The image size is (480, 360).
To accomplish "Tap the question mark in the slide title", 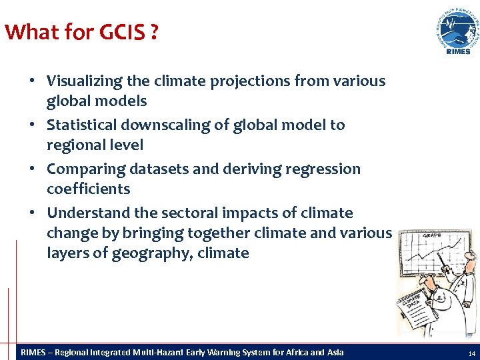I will [154, 32].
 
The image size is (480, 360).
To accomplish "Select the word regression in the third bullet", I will [323, 169].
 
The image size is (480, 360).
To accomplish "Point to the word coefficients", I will [88, 189].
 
